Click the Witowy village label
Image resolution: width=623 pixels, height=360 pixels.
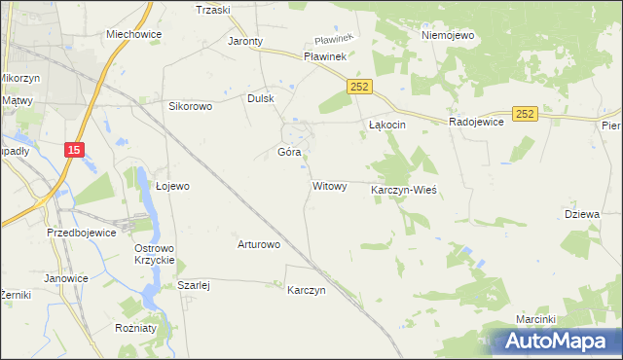point(329,186)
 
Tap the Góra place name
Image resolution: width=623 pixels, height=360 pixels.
point(289,153)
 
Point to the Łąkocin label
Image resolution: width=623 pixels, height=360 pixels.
point(387,126)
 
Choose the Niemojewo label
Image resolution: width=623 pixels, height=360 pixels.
point(447,35)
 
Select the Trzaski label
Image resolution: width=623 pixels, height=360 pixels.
point(212,10)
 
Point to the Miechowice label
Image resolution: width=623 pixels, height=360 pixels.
point(133,33)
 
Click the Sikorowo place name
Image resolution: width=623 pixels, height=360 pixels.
point(191,106)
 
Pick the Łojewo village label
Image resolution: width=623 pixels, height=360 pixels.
point(172,186)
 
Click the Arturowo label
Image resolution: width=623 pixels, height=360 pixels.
point(259,244)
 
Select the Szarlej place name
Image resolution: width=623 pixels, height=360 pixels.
point(195,285)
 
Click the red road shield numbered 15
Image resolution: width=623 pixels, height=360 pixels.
point(75,149)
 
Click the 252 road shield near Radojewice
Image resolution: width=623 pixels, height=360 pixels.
point(526,114)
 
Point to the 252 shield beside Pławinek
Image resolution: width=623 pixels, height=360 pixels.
point(358,87)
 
